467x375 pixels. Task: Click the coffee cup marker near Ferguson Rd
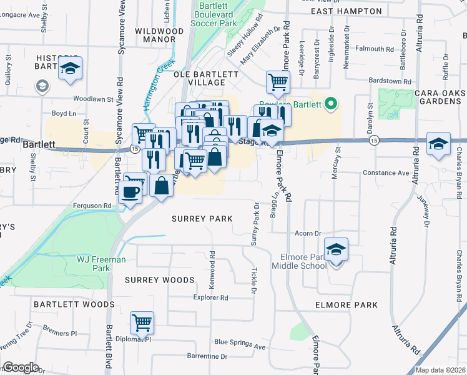pyautogui.click(x=130, y=192)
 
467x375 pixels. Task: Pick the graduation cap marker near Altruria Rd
pyautogui.click(x=439, y=143)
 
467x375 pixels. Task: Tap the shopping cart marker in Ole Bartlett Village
pyautogui.click(x=278, y=81)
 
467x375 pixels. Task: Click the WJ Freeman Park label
pyautogui.click(x=101, y=264)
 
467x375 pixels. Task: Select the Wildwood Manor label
pyautogui.click(x=159, y=34)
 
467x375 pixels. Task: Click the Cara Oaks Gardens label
pyautogui.click(x=440, y=97)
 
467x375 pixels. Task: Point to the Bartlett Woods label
pyautogui.click(x=83, y=304)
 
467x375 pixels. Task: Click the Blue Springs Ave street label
pyautogui.click(x=240, y=342)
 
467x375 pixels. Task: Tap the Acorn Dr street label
pyautogui.click(x=308, y=233)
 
